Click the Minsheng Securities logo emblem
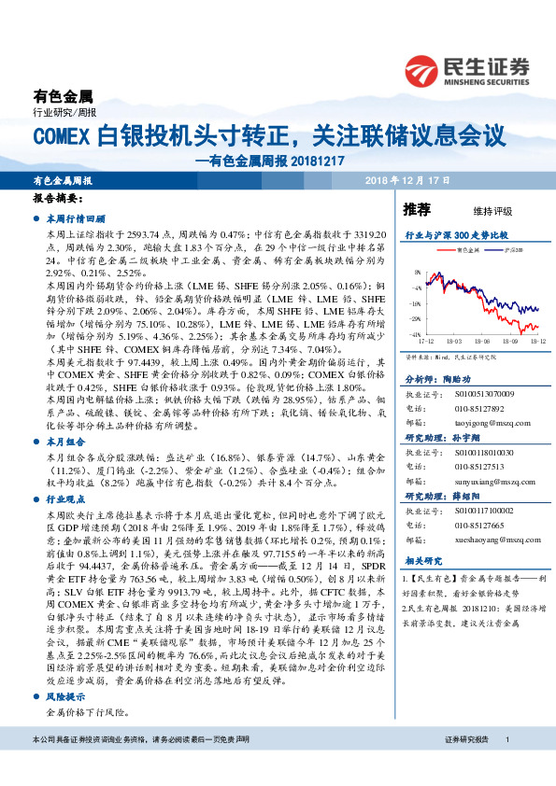(422, 70)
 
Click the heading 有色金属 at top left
(64, 96)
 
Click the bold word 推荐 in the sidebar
(416, 208)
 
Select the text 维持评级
(478, 210)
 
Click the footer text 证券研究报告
(466, 765)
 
